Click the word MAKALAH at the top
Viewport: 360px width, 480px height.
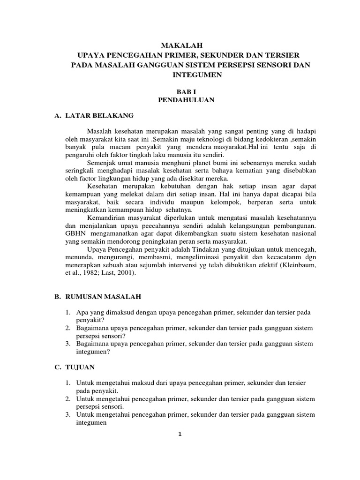[x=180, y=46]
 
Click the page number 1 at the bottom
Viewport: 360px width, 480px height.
[x=180, y=434]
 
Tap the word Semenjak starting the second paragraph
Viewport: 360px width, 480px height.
[x=102, y=163]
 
